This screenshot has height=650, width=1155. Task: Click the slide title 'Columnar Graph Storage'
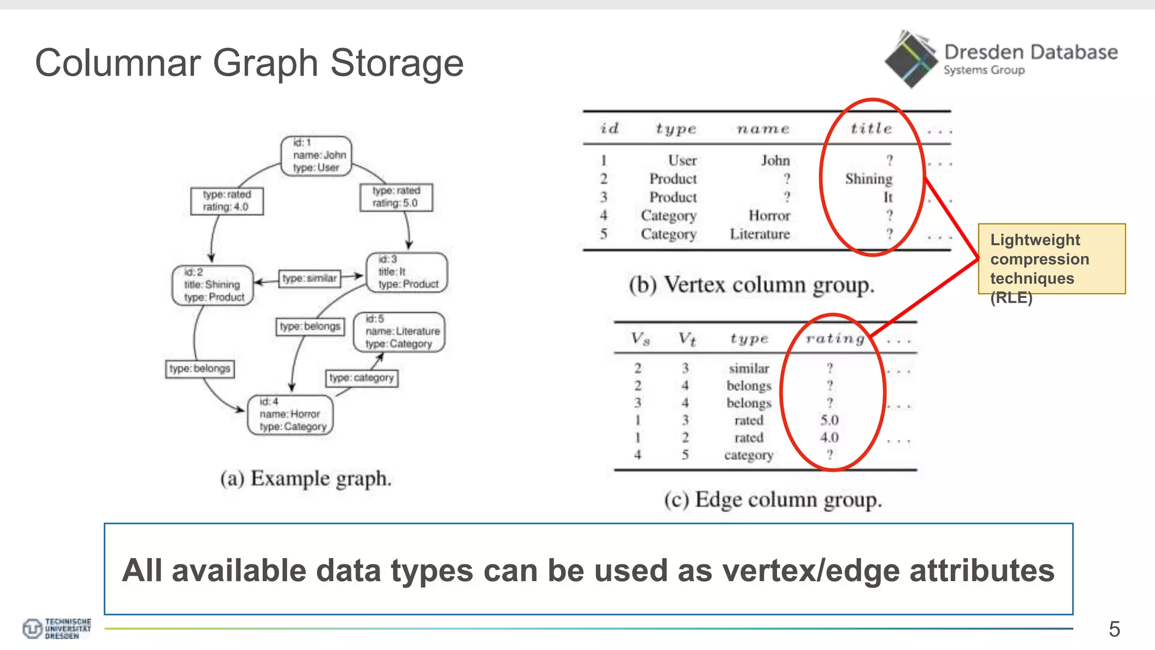(249, 63)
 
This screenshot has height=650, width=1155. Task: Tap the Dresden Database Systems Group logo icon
(911, 59)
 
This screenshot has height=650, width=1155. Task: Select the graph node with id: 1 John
(316, 155)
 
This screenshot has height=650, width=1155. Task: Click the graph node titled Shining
(213, 285)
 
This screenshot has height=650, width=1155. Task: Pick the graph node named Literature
(399, 332)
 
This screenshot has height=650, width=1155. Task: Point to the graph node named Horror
(291, 415)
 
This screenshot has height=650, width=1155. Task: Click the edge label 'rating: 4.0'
(227, 201)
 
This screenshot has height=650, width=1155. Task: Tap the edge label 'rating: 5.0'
(396, 197)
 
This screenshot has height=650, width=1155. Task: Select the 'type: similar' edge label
(310, 278)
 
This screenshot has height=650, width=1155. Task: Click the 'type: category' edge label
(362, 377)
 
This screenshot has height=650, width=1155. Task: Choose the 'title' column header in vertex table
(871, 129)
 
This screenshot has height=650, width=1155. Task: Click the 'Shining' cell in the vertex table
(869, 179)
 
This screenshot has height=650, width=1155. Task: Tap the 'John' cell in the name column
(775, 161)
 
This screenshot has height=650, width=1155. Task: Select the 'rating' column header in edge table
(835, 339)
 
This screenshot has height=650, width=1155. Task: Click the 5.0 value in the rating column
(829, 420)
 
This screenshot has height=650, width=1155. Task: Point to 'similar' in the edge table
(749, 368)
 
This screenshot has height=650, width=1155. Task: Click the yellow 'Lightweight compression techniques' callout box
(1051, 259)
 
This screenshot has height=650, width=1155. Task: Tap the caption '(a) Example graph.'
(306, 478)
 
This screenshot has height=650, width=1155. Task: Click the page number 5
(1114, 629)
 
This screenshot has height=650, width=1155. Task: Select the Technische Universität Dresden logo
(56, 629)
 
